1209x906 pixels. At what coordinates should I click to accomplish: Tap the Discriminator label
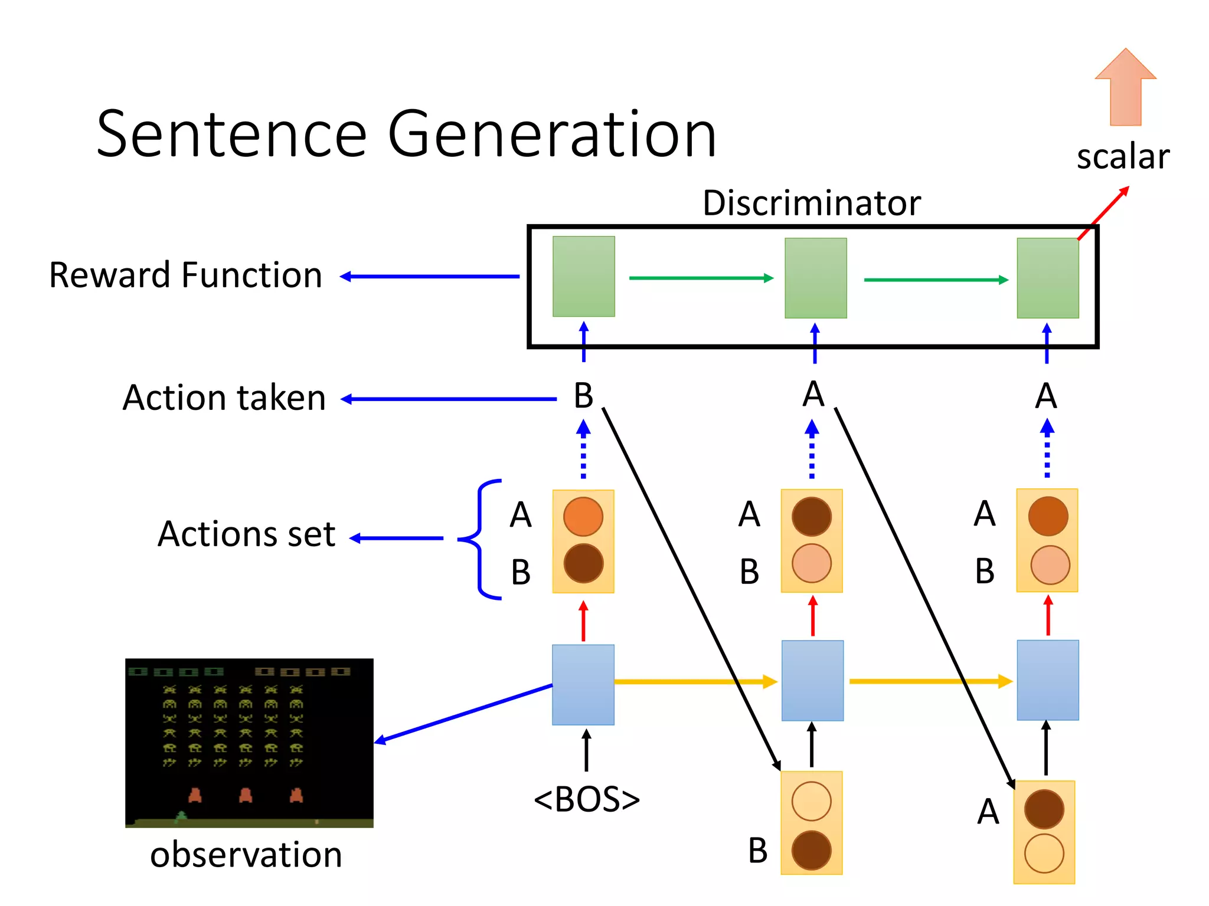(811, 203)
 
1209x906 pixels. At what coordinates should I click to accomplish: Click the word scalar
(1122, 157)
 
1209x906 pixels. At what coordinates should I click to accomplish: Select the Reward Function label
(185, 275)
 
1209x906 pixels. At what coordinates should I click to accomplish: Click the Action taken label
(224, 398)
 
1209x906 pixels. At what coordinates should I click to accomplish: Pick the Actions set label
(246, 534)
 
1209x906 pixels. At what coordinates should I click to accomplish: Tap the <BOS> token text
(586, 799)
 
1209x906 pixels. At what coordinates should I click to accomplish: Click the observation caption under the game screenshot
(246, 855)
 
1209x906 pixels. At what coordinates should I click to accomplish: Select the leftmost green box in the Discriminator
(583, 277)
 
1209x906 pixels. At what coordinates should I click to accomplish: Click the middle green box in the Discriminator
(815, 278)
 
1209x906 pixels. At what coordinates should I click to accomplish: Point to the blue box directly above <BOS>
(583, 684)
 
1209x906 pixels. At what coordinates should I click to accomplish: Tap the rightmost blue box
(1047, 680)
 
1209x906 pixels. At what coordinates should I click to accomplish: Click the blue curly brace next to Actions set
(479, 539)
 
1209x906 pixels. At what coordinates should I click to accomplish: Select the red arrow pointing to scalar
(1103, 213)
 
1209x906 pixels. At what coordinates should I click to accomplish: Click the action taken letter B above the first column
(583, 396)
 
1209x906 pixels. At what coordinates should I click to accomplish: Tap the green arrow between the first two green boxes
(701, 278)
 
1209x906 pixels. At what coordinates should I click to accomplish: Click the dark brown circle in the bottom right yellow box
(1044, 809)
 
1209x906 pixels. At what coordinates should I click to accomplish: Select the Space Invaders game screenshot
(249, 743)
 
